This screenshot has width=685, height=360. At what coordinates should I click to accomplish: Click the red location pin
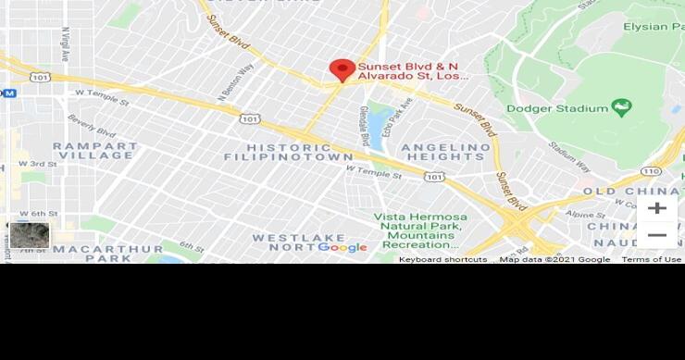pyautogui.click(x=342, y=69)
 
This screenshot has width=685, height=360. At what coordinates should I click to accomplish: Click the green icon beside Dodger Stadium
pyautogui.click(x=621, y=107)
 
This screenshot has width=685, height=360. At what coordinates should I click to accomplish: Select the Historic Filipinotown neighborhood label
pyautogui.click(x=276, y=152)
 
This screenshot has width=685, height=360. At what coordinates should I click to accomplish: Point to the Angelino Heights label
pyautogui.click(x=444, y=152)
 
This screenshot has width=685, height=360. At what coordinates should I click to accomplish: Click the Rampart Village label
pyautogui.click(x=94, y=151)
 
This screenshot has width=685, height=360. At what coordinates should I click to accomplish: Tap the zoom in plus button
pyautogui.click(x=656, y=208)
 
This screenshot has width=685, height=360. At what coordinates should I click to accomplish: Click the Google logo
pyautogui.click(x=342, y=247)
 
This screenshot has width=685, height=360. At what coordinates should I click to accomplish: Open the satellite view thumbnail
pyautogui.click(x=30, y=235)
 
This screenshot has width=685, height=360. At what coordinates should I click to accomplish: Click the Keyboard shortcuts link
pyautogui.click(x=442, y=260)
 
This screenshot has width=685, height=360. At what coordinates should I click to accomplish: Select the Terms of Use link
pyautogui.click(x=652, y=260)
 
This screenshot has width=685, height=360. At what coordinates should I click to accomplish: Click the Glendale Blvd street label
pyautogui.click(x=364, y=124)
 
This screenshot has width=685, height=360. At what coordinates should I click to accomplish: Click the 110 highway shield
pyautogui.click(x=651, y=171)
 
